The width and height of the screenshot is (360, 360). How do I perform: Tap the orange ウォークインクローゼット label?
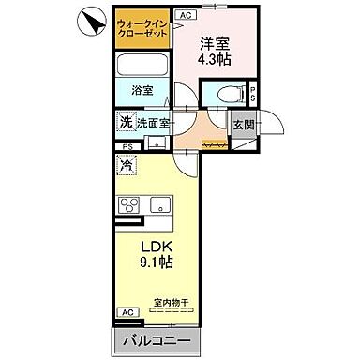pos(144,29)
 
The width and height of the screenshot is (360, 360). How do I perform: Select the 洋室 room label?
pos(214,42)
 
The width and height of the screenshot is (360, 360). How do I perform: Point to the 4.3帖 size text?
pos(214,59)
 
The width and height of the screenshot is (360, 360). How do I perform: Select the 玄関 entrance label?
pos(244,124)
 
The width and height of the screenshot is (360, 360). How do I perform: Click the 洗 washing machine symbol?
pos(126,123)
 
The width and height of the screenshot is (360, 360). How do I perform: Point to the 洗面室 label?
pos(152,123)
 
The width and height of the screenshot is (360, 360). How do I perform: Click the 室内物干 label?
pos(171,303)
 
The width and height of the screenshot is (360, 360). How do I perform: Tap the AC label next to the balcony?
pos(126,312)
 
